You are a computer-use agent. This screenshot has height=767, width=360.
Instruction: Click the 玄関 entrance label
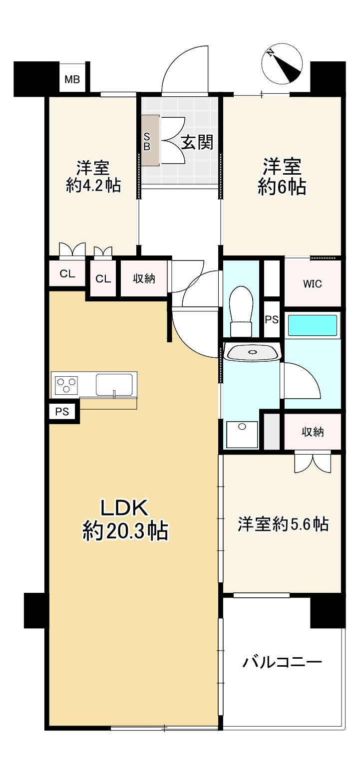[197, 143]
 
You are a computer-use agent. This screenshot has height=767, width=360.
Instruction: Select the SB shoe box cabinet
[150, 140]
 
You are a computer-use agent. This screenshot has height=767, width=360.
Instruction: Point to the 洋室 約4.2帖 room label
[93, 176]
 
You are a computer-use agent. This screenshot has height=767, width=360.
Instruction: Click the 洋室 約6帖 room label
[282, 176]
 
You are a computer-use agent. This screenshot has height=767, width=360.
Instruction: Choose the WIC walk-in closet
[313, 284]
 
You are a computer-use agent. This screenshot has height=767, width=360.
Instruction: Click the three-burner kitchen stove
[66, 384]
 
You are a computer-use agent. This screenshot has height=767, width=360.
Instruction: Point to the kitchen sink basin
[114, 385]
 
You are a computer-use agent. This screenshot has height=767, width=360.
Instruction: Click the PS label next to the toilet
[272, 320]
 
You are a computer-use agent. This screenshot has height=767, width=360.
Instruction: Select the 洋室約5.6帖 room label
[282, 524]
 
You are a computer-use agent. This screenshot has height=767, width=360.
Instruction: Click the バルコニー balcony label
[282, 662]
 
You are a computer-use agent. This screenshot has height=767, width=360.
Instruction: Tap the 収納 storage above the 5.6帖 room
[313, 432]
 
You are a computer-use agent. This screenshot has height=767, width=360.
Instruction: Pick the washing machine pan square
[242, 434]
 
